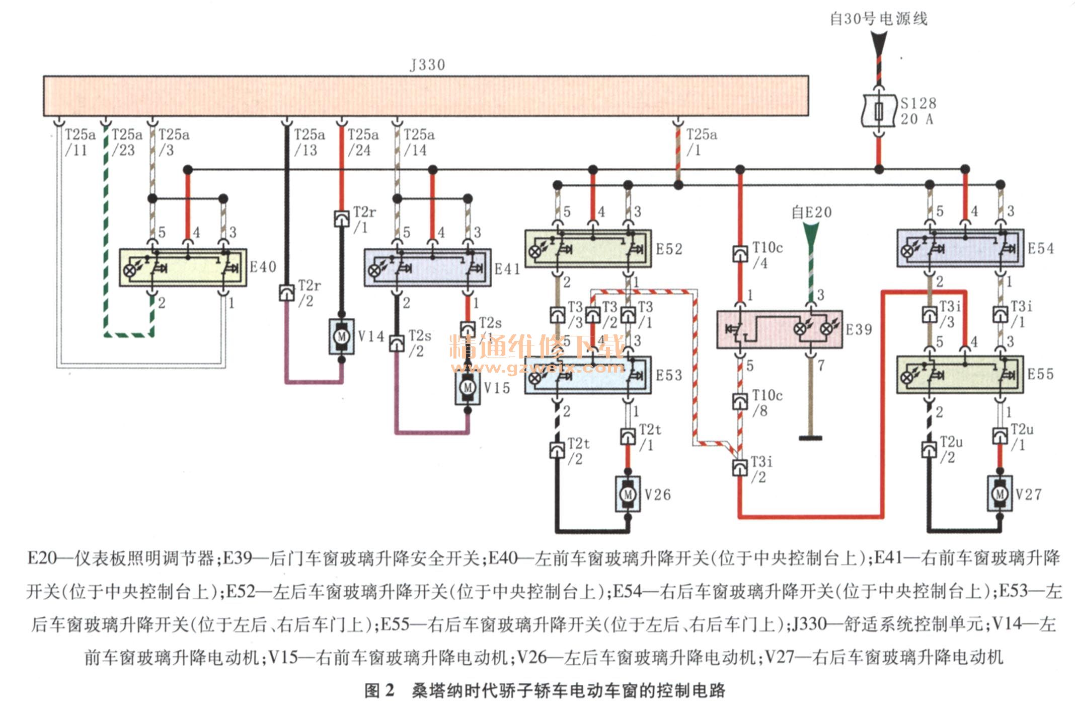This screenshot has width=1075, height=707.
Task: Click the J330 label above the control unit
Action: tap(427, 65)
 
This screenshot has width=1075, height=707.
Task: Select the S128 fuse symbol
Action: tap(878, 111)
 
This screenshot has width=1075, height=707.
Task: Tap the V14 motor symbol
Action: tap(342, 336)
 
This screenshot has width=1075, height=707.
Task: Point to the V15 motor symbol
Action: tap(468, 387)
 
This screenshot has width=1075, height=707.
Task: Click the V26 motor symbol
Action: tap(628, 494)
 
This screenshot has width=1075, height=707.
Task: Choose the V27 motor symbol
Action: tap(1000, 494)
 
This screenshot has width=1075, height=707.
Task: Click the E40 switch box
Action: tap(183, 267)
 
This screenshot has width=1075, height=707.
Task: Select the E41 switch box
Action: tap(427, 267)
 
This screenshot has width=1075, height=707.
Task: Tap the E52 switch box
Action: tap(587, 248)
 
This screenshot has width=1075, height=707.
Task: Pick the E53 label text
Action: tap(669, 375)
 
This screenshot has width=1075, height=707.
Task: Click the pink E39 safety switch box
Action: tap(779, 329)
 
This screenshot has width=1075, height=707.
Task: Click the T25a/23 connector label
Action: tap(126, 143)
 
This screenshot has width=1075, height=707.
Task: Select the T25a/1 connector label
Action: tap(702, 143)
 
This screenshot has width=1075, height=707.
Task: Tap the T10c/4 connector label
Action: tap(767, 255)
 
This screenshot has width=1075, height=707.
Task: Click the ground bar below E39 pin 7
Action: tap(810, 438)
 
